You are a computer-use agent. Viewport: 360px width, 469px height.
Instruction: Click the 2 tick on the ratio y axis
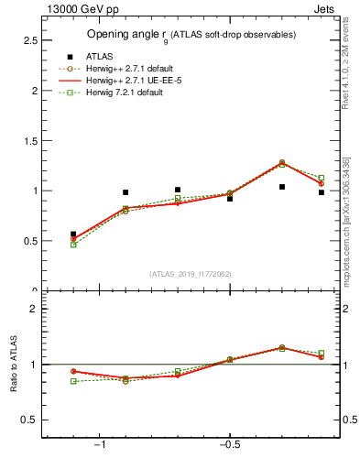tap(34, 309)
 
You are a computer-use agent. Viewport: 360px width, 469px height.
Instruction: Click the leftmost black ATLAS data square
tap(73, 234)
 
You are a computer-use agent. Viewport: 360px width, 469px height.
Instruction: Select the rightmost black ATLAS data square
tap(322, 192)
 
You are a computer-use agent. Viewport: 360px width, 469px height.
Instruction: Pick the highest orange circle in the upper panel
tap(282, 163)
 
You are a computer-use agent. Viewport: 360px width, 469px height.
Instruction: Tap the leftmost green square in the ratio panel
tap(73, 381)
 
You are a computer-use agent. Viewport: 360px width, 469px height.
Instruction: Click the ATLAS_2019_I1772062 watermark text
tap(191, 274)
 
